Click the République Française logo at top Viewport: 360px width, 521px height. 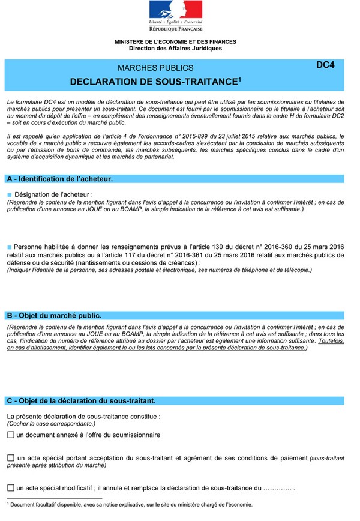pyautogui.click(x=176, y=16)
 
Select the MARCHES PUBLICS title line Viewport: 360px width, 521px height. pyautogui.click(x=155, y=68)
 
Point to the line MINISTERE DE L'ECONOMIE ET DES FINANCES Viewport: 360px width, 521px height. pyautogui.click(x=175, y=42)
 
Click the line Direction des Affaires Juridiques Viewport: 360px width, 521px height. pyautogui.click(x=175, y=48)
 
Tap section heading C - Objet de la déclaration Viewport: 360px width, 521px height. pyautogui.click(x=81, y=400)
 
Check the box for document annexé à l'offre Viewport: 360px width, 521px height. pyautogui.click(x=11, y=434)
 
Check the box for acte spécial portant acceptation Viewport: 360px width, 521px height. pyautogui.click(x=11, y=458)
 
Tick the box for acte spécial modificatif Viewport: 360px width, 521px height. pyautogui.click(x=11, y=488)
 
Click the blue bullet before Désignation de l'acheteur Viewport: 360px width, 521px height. pyautogui.click(x=10, y=194)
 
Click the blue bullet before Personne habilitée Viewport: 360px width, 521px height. pyautogui.click(x=10, y=247)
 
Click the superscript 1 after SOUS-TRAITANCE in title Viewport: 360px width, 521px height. pyautogui.click(x=239, y=77)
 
